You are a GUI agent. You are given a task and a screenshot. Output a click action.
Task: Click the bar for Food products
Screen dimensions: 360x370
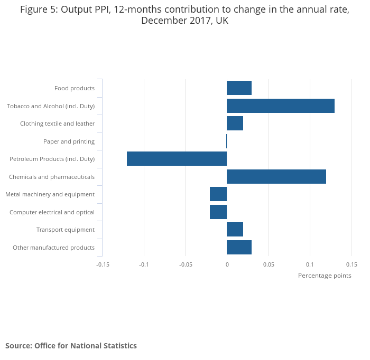coord(239,88)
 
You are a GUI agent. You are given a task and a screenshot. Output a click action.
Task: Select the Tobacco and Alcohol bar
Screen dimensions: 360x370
coord(281,106)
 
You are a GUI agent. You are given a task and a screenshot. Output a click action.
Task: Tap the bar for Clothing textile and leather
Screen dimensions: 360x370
coord(235,124)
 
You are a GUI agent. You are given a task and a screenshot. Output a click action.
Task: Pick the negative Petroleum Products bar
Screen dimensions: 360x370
coord(177,159)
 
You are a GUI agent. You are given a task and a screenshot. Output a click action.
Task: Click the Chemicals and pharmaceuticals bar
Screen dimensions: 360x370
coord(276,176)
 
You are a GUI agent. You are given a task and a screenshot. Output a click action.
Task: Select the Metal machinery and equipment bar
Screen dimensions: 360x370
coord(218,194)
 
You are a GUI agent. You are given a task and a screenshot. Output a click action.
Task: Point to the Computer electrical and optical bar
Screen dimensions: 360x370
coord(218,212)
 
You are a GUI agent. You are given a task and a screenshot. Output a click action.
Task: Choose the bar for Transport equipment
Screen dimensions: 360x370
coord(235,230)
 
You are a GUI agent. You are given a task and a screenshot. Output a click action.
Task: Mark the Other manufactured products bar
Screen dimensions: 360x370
coord(239,247)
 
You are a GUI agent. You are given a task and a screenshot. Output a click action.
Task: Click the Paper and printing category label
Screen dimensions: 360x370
coord(69,141)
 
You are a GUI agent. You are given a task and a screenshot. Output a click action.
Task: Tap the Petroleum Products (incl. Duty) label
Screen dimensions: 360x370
coord(52,159)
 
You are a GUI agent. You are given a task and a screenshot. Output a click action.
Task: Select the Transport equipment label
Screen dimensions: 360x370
coord(66,230)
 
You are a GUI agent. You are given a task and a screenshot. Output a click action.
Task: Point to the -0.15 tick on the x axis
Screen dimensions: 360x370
coord(103,264)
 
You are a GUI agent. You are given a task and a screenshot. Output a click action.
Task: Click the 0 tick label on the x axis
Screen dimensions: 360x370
coord(227,264)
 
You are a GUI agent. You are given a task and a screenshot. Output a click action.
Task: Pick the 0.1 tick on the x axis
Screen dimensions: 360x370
coord(310,264)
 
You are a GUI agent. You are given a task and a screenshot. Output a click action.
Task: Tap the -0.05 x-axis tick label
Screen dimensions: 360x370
coord(185,264)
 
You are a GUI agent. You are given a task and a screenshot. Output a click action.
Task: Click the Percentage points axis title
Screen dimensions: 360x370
coord(325,276)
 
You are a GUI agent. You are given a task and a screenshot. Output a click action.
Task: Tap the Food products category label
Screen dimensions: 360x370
coord(75,88)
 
